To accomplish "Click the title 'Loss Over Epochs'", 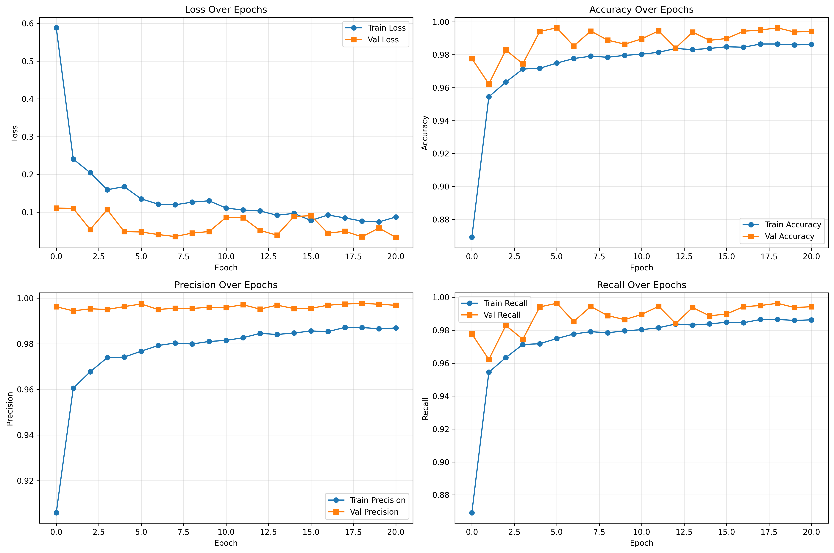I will coord(226,10).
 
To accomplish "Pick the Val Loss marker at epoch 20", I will coord(396,237).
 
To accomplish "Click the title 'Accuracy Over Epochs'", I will coord(641,10).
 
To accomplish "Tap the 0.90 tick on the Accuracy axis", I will coord(441,187).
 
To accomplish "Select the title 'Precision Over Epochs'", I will coord(226,285).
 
